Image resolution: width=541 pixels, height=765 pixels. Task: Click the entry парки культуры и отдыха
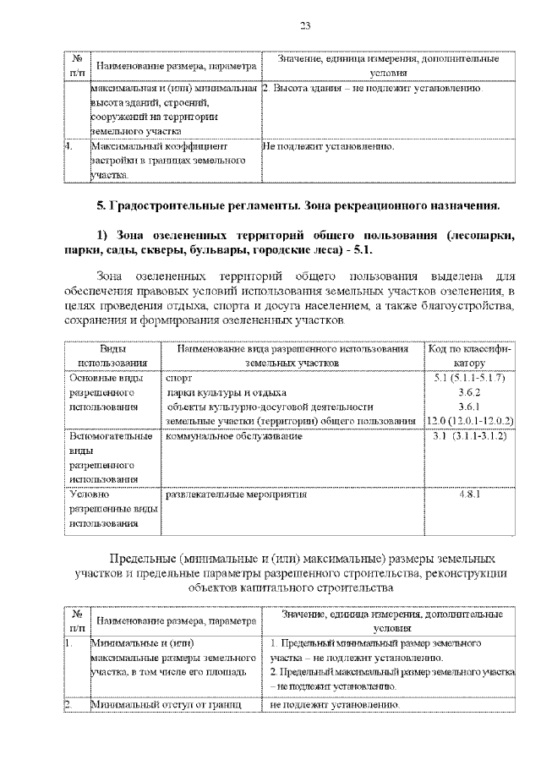[x=226, y=393]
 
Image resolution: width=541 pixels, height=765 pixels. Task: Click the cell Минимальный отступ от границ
[x=166, y=703]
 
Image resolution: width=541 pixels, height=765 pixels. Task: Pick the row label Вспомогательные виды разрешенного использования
[x=109, y=457]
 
